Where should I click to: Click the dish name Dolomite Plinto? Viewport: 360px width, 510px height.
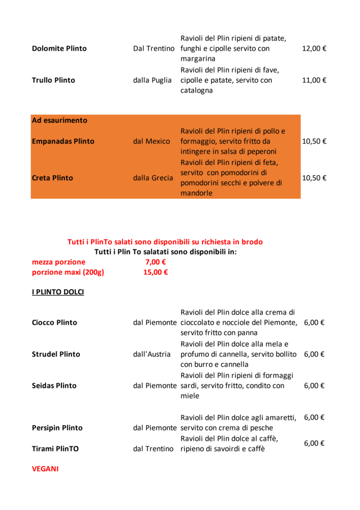click(59, 48)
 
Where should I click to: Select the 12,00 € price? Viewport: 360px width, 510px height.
click(314, 48)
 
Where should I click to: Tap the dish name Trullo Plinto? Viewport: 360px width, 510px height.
click(53, 80)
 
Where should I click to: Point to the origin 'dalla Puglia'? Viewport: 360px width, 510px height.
click(152, 80)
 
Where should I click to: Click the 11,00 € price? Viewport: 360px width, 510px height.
click(314, 80)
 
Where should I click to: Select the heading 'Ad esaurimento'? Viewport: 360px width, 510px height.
click(60, 120)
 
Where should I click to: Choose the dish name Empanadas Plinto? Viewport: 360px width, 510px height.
click(63, 141)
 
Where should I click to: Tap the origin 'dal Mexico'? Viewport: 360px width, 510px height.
click(151, 141)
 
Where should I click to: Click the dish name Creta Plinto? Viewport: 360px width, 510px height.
click(52, 178)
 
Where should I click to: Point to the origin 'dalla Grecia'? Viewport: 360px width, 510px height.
click(153, 178)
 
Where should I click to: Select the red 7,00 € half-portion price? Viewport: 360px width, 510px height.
click(155, 262)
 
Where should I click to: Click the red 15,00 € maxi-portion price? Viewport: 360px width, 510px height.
click(155, 272)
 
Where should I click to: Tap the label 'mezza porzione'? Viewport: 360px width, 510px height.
click(58, 262)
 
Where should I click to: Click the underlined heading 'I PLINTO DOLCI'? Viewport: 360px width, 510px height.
click(58, 292)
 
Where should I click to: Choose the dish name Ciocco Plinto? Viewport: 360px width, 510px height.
click(55, 323)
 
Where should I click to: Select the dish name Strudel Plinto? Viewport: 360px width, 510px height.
click(56, 354)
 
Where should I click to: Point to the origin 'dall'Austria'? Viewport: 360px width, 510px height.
click(152, 354)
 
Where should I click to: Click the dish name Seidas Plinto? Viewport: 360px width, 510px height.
click(55, 386)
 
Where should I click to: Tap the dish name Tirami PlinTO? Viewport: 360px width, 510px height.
click(55, 449)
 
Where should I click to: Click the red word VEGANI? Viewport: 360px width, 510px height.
click(45, 468)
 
